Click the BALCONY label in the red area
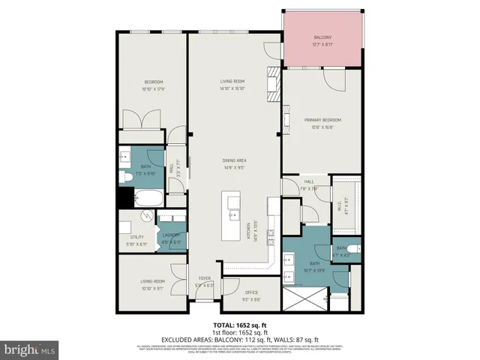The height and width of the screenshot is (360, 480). click(x=321, y=40)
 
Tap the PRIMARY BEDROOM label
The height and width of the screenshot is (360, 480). click(x=322, y=120)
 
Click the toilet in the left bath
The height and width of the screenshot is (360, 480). click(x=127, y=177)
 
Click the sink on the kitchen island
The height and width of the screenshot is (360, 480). click(x=232, y=203)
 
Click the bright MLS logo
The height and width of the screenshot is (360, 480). click(x=30, y=349)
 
